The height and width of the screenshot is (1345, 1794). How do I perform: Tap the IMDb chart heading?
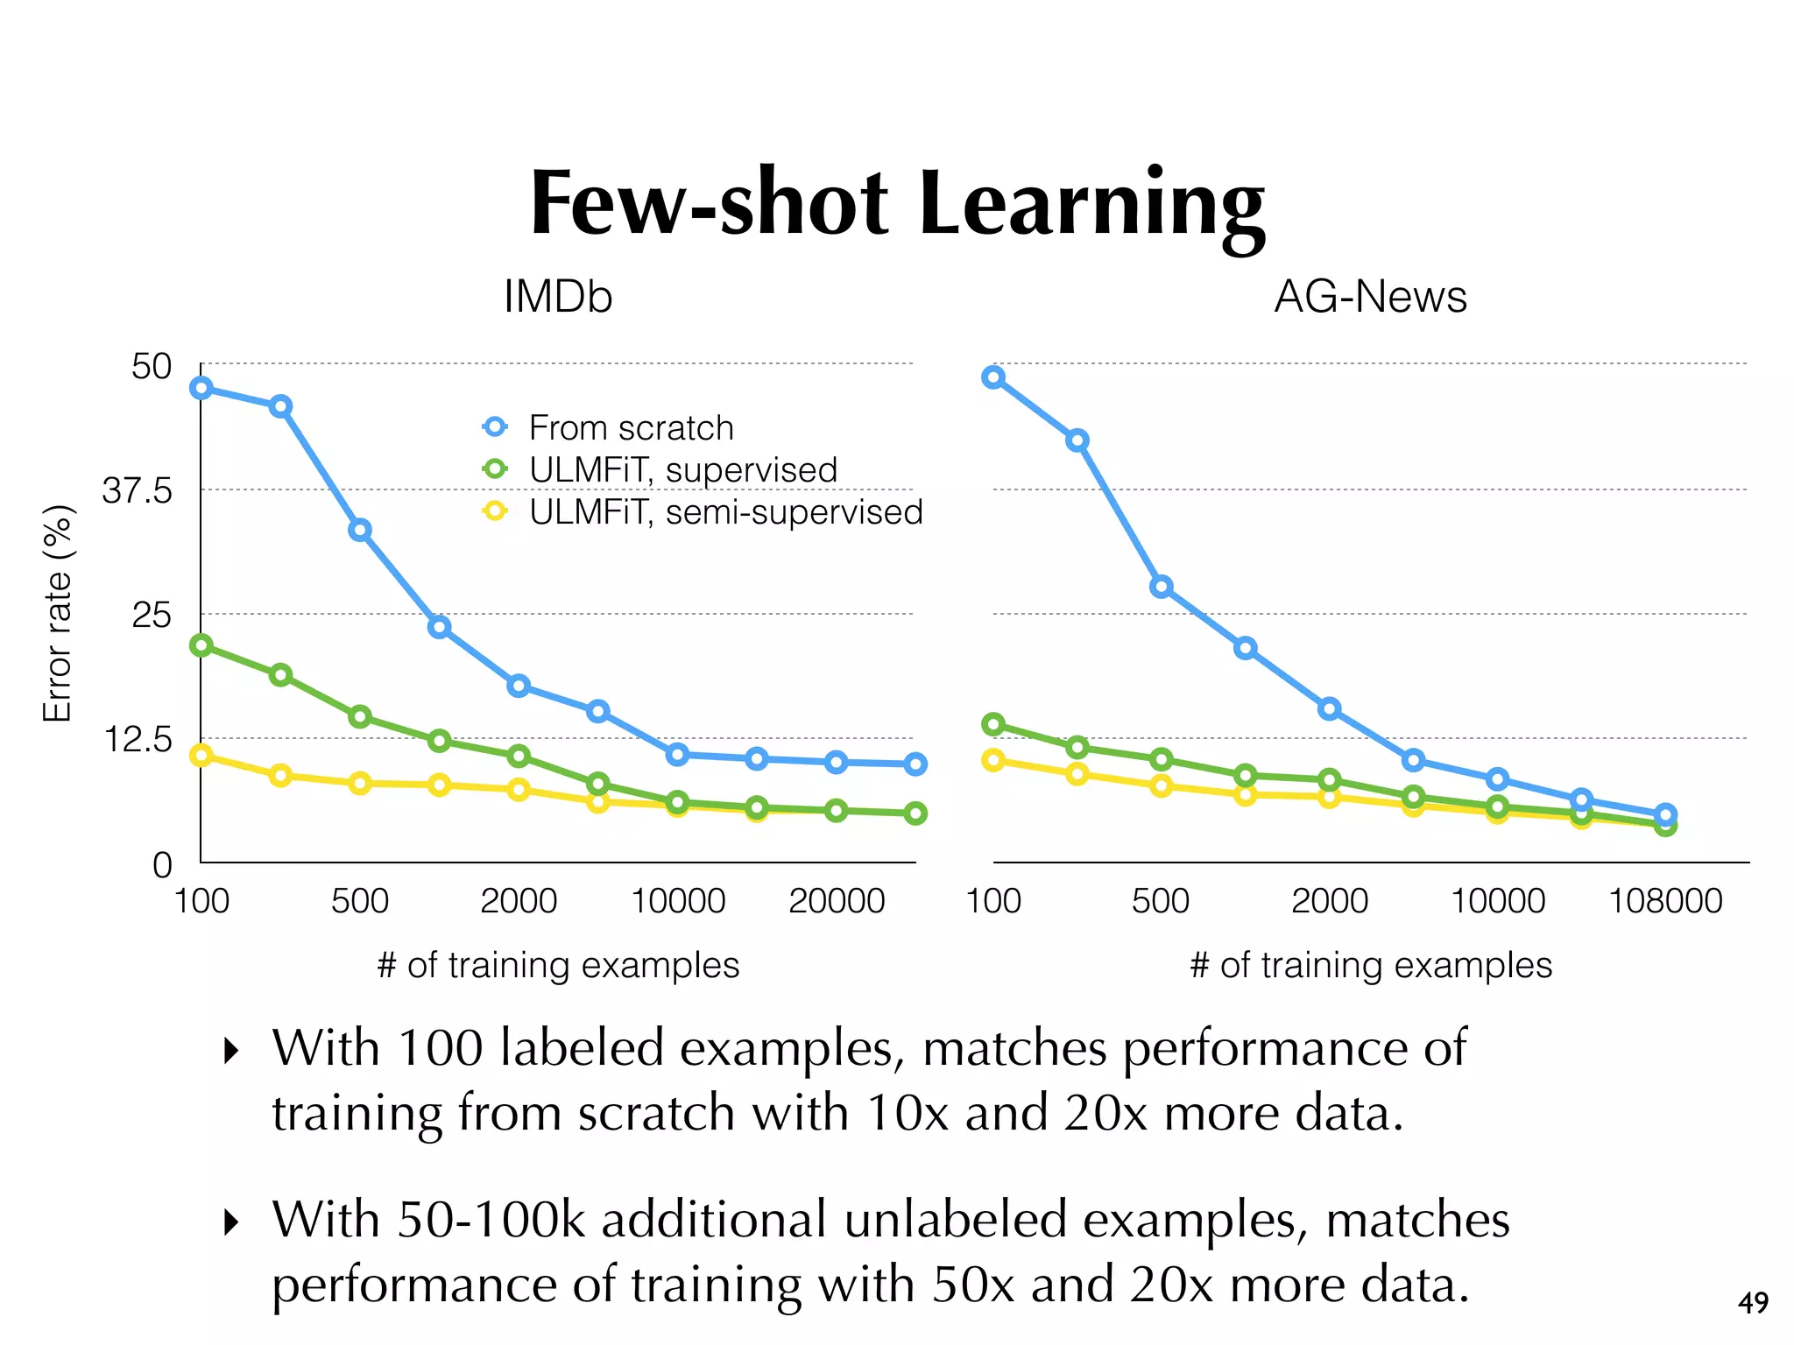tap(558, 297)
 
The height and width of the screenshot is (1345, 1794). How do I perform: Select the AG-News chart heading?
tap(1370, 297)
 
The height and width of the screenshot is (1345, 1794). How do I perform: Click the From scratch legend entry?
tap(631, 428)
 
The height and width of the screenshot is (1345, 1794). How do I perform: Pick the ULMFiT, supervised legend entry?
tap(683, 470)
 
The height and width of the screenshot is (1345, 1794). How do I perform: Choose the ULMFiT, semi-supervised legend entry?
tap(725, 512)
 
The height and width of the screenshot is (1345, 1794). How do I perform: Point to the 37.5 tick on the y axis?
tap(138, 491)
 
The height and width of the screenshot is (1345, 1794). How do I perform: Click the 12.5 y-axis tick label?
tap(138, 741)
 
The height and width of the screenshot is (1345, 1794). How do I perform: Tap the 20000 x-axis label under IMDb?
tap(837, 901)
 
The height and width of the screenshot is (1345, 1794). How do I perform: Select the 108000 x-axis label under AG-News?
tap(1665, 901)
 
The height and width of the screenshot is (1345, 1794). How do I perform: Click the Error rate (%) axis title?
tap(58, 613)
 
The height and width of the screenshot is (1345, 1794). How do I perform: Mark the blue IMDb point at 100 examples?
tap(201, 388)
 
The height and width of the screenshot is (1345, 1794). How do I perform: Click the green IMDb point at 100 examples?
tap(201, 645)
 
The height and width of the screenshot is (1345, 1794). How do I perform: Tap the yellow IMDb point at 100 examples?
tap(201, 755)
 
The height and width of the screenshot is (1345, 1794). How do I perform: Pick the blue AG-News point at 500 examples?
tap(1162, 587)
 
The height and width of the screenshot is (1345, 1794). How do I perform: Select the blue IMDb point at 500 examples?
tap(360, 530)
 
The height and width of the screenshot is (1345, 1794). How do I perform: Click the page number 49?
tap(1753, 1303)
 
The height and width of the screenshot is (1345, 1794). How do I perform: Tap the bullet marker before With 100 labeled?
tap(231, 1050)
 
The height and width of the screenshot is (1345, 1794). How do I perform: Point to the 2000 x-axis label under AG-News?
tap(1330, 901)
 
